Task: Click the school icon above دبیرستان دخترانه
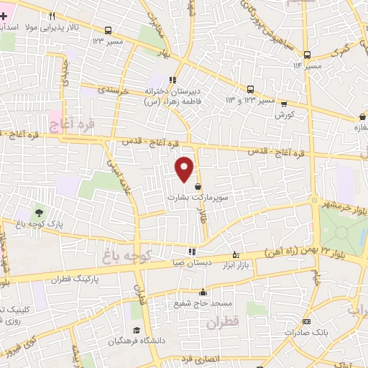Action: click(172, 80)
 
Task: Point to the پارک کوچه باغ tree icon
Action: click(38, 213)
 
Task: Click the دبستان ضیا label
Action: click(191, 262)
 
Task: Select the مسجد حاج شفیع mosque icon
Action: click(204, 292)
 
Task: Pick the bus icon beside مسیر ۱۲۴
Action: click(108, 30)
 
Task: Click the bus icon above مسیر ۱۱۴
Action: click(307, 55)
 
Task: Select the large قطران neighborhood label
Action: click(221, 324)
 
